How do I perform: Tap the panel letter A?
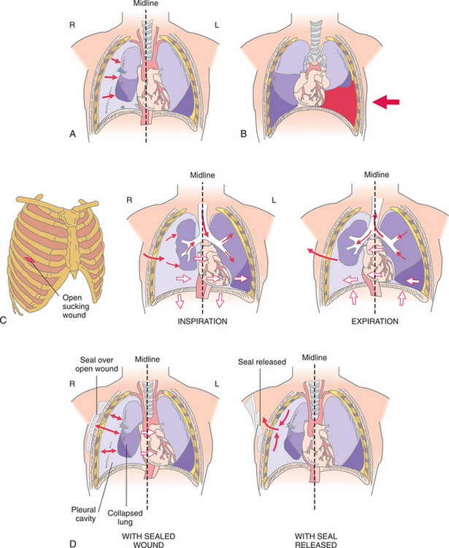coord(71,134)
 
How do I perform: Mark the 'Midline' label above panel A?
coord(145,6)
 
